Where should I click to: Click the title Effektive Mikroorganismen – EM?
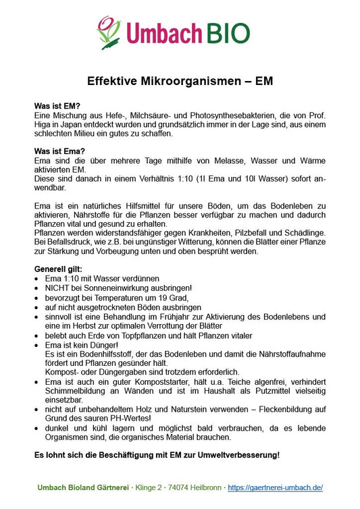tap(180, 82)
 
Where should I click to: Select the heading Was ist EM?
tap(57, 107)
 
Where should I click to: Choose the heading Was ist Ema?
tap(59, 151)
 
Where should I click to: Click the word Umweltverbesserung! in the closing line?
tap(240, 454)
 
